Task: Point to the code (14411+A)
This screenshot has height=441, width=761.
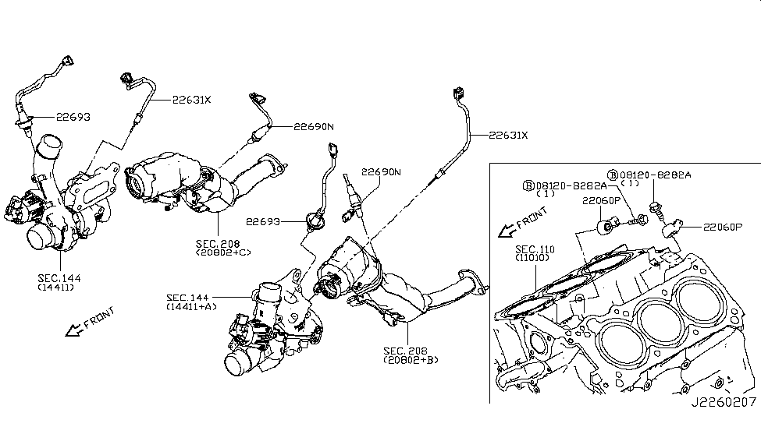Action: point(192,307)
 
